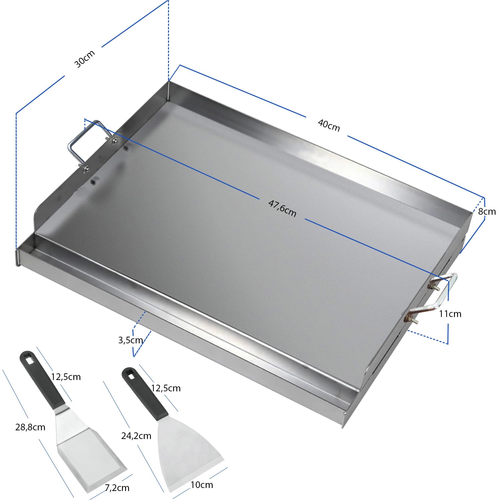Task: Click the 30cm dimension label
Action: (85, 59)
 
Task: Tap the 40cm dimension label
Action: (329, 125)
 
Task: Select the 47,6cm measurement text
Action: (282, 208)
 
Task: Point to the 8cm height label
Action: (487, 212)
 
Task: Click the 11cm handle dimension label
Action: (450, 314)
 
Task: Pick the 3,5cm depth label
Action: (130, 340)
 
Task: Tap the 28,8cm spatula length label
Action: (30, 427)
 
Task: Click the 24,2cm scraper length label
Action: (136, 436)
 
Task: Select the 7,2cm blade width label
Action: (117, 488)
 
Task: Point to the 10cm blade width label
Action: (202, 485)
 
